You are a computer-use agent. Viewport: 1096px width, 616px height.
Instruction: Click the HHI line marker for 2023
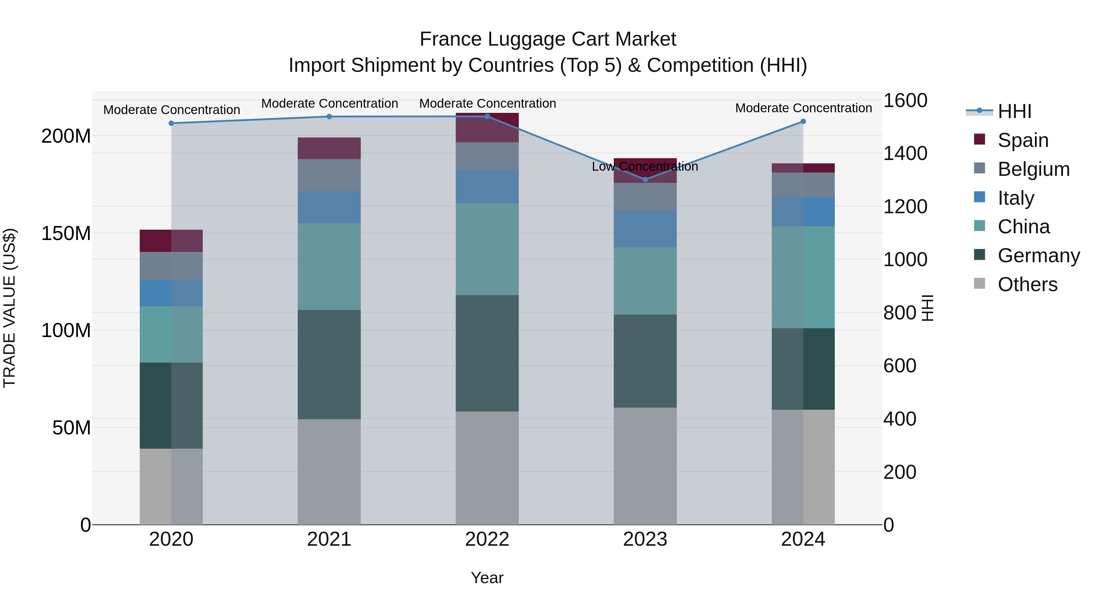(x=645, y=179)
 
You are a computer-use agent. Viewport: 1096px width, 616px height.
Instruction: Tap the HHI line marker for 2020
(x=171, y=123)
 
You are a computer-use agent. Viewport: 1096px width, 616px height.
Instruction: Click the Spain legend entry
(x=1023, y=140)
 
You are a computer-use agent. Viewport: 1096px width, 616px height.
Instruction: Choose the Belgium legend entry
(x=1033, y=169)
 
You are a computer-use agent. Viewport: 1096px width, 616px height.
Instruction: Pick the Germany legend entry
(x=1038, y=256)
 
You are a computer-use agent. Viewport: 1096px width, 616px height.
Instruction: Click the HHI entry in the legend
(x=1014, y=111)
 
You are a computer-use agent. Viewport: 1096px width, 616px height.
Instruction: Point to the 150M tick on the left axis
(x=66, y=233)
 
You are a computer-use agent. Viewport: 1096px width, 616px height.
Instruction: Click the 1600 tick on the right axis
(x=905, y=101)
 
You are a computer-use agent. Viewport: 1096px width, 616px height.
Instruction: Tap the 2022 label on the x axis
(x=487, y=539)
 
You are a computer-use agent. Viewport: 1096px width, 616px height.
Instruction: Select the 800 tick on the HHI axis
(x=899, y=313)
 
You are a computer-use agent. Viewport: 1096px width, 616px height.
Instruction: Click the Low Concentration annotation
(x=645, y=167)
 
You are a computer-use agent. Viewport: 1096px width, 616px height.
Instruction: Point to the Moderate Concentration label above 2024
(x=803, y=108)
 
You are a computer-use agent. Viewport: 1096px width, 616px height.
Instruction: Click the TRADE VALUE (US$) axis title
(x=10, y=308)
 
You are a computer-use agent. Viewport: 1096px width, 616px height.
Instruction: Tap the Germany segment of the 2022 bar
(x=487, y=353)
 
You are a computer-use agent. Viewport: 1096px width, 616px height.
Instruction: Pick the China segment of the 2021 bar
(x=329, y=266)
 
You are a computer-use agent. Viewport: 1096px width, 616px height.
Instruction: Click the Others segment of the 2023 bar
(x=645, y=466)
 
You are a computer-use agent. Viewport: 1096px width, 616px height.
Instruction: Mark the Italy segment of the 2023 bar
(x=645, y=229)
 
